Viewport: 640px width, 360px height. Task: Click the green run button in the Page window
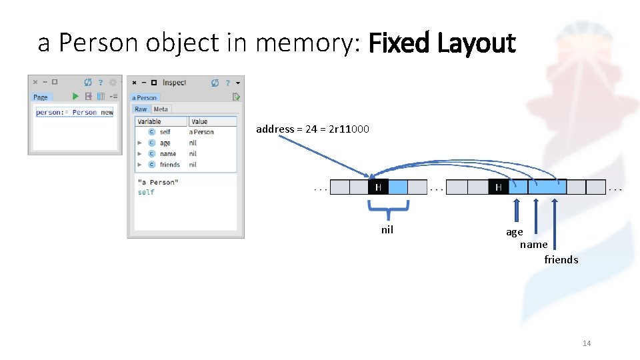(75, 97)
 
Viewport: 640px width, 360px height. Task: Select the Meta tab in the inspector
(161, 109)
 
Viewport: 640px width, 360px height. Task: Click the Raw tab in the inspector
(141, 109)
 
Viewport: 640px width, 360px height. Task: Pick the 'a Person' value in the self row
(201, 132)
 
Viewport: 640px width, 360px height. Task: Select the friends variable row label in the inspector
(170, 165)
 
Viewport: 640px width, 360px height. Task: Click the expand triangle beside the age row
(139, 143)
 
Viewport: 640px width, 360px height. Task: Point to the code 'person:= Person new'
(75, 113)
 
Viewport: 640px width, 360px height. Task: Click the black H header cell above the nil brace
(378, 187)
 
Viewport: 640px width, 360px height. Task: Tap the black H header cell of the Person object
(498, 187)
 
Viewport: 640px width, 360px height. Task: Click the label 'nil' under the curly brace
(387, 230)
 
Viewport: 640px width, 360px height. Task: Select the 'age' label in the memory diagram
(515, 232)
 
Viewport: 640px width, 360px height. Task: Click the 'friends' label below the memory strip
(561, 260)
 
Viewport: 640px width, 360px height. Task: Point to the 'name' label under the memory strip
(534, 245)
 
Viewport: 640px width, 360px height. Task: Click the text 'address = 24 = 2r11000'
(313, 129)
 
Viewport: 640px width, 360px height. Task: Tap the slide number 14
(587, 343)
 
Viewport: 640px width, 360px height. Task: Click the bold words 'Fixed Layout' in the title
(442, 44)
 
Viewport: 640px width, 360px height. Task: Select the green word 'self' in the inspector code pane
(146, 192)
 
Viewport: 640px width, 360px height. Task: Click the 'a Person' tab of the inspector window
(144, 97)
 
